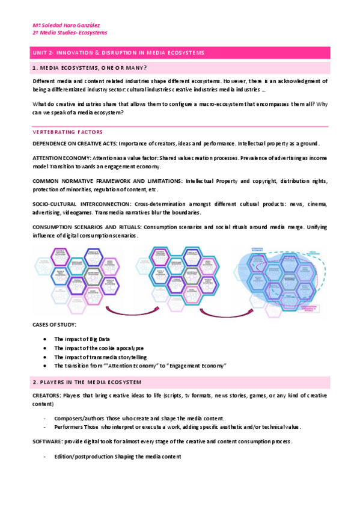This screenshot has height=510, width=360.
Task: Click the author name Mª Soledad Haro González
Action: pyautogui.click(x=66, y=25)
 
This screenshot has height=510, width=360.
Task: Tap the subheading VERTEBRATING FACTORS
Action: pyautogui.click(x=67, y=132)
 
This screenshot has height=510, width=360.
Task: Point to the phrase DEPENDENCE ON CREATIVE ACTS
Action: pyautogui.click(x=74, y=144)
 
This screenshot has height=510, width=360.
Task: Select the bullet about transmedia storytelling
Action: pyautogui.click(x=100, y=357)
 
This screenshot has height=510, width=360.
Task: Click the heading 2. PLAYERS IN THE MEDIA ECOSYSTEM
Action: pyautogui.click(x=88, y=382)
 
